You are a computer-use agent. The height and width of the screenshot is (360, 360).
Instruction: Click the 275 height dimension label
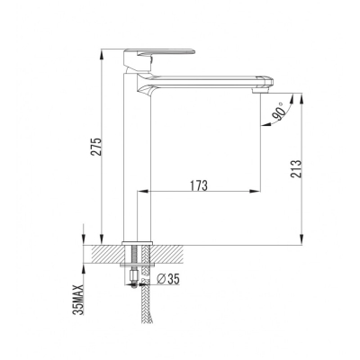[96, 147]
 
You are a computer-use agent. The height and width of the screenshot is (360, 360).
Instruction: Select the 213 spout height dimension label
[295, 169]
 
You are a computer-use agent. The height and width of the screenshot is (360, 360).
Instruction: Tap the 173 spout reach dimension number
[199, 186]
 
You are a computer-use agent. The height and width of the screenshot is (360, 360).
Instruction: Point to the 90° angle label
[279, 112]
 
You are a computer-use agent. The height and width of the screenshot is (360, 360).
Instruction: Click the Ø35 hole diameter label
[168, 279]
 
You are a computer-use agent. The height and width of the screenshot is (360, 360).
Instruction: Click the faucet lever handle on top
[159, 56]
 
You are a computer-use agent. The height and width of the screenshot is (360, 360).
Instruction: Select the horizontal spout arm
[205, 81]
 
